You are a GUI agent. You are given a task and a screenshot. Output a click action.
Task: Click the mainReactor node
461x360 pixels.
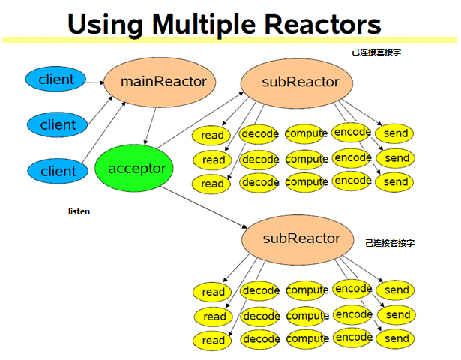[160, 82]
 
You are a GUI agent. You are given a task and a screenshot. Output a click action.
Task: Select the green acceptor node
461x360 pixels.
[134, 168]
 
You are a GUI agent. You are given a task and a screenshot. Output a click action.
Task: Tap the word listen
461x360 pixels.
[79, 211]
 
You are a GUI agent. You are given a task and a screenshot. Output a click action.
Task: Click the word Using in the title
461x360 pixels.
[105, 25]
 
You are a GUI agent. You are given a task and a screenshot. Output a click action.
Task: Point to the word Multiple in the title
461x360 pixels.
[204, 25]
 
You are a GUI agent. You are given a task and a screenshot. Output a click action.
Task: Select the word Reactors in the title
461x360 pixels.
[323, 25]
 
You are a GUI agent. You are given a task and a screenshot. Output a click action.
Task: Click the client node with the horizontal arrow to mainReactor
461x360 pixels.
[55, 79]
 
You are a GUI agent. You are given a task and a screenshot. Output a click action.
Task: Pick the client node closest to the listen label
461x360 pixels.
[58, 171]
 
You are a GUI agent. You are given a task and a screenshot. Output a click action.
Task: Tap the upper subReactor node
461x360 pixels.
[297, 83]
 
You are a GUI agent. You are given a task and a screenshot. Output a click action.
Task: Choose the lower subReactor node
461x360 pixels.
[298, 239]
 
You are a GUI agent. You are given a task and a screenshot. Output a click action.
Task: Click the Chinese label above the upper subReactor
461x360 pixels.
[376, 52]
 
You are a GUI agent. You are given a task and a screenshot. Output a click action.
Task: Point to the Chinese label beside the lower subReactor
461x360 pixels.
[390, 243]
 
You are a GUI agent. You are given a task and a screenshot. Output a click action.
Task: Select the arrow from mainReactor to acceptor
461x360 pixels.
[150, 126]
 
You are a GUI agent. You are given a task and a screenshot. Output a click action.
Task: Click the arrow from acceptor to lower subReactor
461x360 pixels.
[204, 207]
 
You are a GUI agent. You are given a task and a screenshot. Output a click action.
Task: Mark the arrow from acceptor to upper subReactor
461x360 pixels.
[200, 120]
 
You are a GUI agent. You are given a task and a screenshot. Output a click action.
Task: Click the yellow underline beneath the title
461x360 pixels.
[229, 40]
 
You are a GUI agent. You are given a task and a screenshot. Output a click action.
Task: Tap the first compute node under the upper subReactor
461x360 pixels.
[306, 133]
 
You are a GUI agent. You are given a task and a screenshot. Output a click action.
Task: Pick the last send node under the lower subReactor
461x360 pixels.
[396, 338]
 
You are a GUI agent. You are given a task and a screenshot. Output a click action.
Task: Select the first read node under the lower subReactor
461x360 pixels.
[212, 292]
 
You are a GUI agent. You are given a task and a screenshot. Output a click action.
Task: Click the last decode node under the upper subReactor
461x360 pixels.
[260, 183]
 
